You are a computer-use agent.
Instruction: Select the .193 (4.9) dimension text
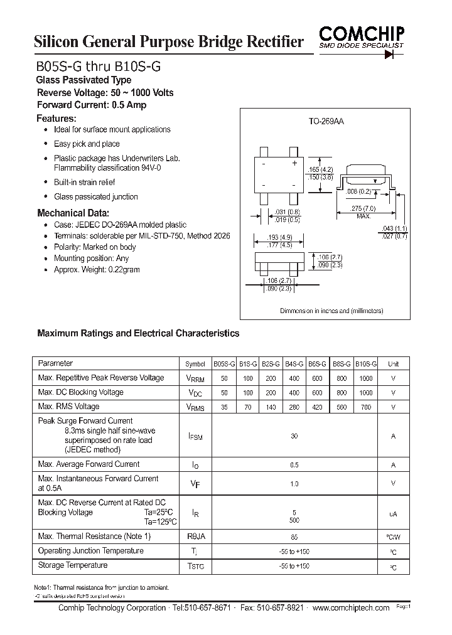(277, 237)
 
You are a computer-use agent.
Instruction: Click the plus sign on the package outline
(294, 163)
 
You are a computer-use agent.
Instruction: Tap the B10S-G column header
(366, 364)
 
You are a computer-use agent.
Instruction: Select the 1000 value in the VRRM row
(366, 378)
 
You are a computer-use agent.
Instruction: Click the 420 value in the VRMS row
(318, 407)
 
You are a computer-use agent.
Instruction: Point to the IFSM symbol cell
(195, 436)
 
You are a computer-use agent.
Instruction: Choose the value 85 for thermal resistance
(294, 537)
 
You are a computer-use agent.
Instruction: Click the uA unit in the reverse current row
(393, 514)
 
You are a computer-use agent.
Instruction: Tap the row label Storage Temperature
(73, 565)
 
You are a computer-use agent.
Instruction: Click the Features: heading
(56, 118)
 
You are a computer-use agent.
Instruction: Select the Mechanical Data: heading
(73, 213)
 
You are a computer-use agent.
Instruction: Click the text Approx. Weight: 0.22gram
(97, 270)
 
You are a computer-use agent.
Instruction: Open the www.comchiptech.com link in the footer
(350, 609)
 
